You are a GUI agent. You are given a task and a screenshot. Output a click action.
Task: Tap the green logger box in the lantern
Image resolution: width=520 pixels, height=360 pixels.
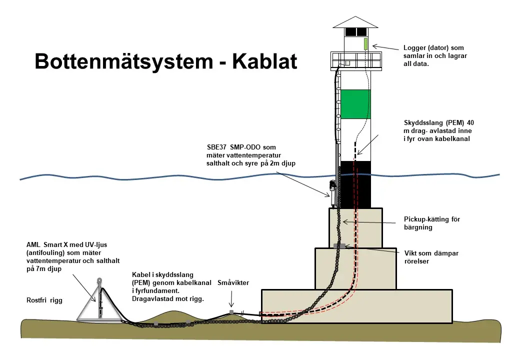tap(365, 43)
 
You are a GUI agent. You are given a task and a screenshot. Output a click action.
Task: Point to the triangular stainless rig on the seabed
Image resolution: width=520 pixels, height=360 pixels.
tap(100, 302)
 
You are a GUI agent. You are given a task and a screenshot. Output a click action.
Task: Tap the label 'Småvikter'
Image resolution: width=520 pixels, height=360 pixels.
tap(233, 283)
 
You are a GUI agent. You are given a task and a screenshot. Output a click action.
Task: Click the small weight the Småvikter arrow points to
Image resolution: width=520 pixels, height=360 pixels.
tap(231, 312)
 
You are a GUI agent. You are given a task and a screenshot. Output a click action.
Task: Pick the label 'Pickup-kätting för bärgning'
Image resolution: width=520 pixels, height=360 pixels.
tap(431, 223)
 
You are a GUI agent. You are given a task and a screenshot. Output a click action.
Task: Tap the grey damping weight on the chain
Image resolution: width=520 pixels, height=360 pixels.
tap(339, 245)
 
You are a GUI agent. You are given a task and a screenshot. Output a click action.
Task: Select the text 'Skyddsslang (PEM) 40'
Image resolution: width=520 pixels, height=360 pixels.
tap(435, 122)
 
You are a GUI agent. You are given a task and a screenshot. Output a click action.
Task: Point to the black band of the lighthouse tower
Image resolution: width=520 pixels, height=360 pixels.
tap(355, 184)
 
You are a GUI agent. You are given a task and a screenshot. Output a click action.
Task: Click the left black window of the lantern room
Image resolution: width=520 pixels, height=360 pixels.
tap(350, 31)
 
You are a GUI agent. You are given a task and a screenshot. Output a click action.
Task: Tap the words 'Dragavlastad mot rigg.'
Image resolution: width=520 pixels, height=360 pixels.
tap(169, 298)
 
